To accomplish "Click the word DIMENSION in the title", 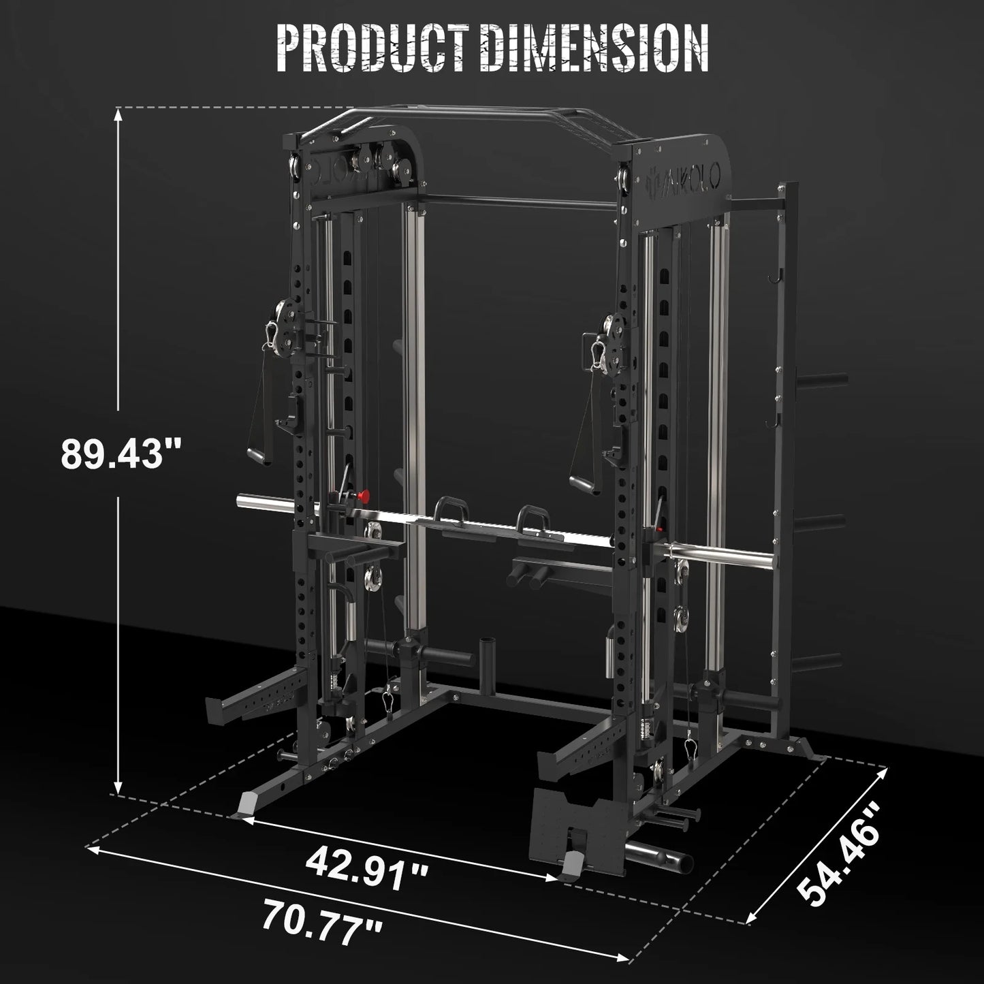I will pos(593,49).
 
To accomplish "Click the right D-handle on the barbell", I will pos(536,523).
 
